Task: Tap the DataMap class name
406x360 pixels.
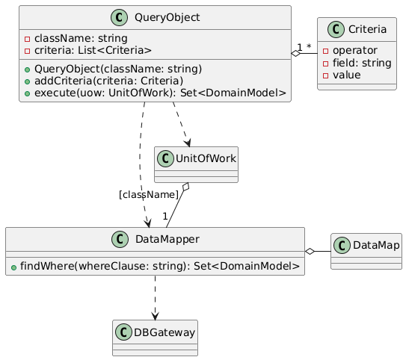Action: (374, 244)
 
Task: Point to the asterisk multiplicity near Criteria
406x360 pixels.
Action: (308, 48)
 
